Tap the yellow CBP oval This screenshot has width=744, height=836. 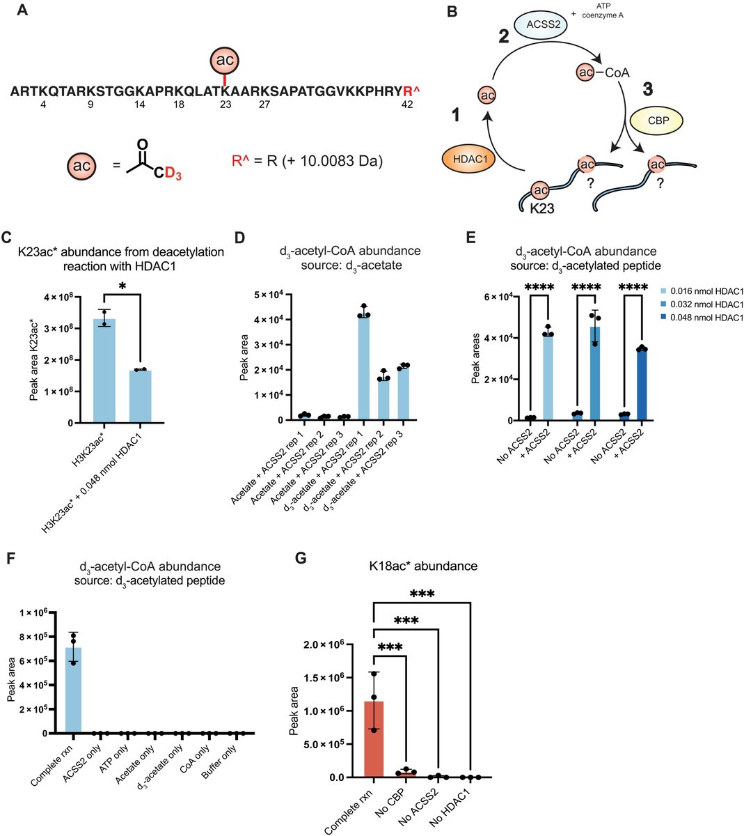pyautogui.click(x=656, y=121)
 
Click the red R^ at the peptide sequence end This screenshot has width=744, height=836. pyautogui.click(x=411, y=91)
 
